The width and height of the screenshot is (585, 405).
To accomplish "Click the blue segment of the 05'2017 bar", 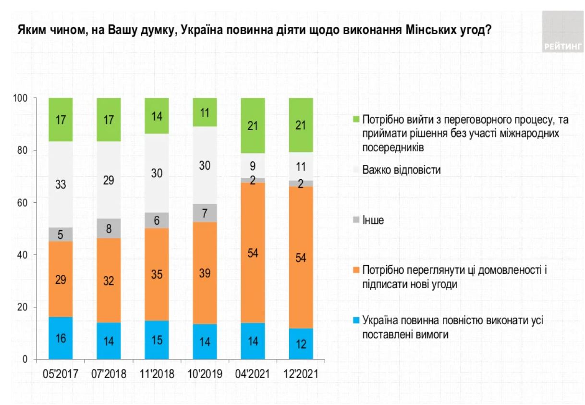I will tap(61, 338).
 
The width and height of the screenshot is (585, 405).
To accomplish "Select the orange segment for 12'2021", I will tap(301, 257).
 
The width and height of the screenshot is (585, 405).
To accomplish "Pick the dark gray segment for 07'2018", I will tap(109, 228).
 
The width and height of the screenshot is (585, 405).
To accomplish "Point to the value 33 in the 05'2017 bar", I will tap(61, 184).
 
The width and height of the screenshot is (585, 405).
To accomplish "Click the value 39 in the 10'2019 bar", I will tap(205, 273).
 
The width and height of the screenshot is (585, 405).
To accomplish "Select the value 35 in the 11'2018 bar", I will tap(157, 275).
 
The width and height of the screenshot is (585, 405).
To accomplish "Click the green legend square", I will tap(357, 119).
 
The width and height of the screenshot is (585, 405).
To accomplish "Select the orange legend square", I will tap(357, 270).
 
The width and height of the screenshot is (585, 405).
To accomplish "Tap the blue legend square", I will tap(357, 320).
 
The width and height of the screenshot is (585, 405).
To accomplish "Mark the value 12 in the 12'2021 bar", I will tap(301, 344).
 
